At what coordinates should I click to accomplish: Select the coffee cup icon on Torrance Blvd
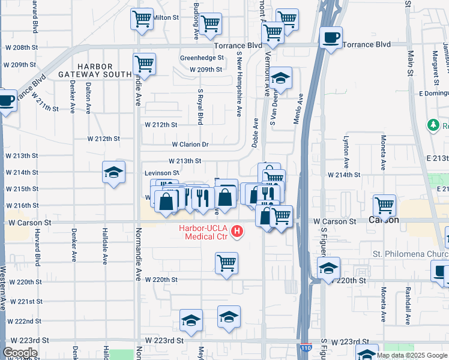pos(331,39)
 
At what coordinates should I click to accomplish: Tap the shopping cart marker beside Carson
pos(384,206)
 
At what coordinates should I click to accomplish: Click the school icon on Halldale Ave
pos(113,173)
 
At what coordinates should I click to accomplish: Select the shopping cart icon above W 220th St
pos(226,263)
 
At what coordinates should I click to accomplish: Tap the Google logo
pos(20,353)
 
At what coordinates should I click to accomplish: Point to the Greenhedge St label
pos(202,58)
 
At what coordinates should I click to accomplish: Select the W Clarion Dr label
pos(190,145)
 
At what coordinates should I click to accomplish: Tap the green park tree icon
pos(432,125)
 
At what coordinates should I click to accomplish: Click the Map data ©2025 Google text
pos(412,355)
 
